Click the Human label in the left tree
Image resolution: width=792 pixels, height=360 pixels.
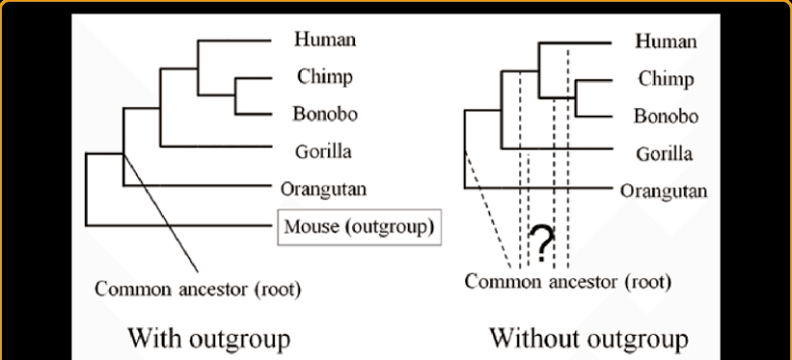325,41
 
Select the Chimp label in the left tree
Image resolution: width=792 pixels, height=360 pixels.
324,77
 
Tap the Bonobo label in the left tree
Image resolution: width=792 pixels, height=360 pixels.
325,114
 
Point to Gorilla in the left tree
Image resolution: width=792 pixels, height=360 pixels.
324,152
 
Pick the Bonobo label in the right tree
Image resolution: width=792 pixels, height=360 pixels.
665,116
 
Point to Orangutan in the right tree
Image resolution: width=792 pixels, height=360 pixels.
664,190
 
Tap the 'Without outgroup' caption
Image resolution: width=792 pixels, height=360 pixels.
588,339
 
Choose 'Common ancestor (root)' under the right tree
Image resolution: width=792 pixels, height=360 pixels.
567,282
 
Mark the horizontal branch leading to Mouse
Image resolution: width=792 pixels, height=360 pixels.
178,226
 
